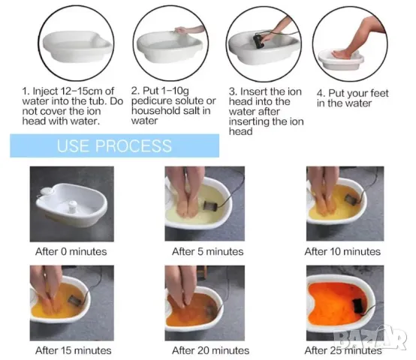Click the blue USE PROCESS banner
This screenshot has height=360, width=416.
[115, 145]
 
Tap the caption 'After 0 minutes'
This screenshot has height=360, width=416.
[71, 251]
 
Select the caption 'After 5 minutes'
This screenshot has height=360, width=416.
[207, 251]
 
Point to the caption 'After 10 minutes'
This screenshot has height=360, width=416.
[342, 251]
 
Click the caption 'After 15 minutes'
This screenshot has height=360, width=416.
[74, 350]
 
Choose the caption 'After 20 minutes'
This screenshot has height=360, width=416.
[211, 350]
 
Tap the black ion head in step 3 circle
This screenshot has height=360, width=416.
[258, 41]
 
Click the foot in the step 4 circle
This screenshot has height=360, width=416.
[342, 54]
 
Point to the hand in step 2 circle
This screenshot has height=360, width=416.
[182, 30]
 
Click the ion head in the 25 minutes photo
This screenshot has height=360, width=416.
[358, 306]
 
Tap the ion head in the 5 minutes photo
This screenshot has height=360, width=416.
[210, 205]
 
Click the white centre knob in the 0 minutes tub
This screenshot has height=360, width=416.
[72, 206]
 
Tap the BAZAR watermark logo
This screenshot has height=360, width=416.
[370, 337]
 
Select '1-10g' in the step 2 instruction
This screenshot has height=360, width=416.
[175, 91]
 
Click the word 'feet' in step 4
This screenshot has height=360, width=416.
[379, 93]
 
